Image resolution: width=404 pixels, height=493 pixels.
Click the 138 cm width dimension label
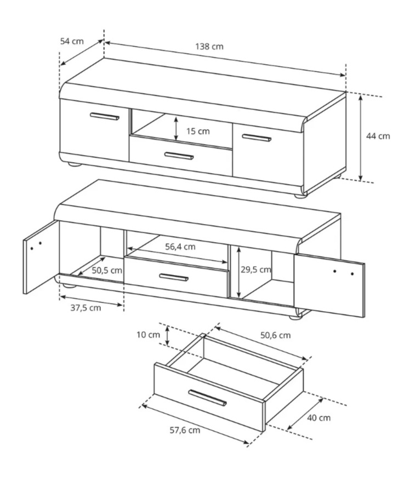click(x=209, y=47)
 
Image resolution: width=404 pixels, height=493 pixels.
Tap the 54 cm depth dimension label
click(x=72, y=41)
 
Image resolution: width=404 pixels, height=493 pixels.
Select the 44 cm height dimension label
click(x=378, y=136)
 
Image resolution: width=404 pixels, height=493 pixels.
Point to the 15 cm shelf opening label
click(x=198, y=131)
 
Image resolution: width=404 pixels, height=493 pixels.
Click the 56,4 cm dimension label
click(x=180, y=246)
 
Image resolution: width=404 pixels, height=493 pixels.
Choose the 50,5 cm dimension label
click(x=107, y=270)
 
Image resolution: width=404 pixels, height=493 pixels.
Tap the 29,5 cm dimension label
click(x=256, y=270)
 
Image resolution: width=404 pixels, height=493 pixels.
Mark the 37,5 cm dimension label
click(x=86, y=308)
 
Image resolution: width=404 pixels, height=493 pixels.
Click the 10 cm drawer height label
click(x=148, y=335)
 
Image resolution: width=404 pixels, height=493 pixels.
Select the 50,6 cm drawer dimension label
click(x=275, y=335)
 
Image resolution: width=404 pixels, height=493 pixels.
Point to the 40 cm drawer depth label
click(x=318, y=418)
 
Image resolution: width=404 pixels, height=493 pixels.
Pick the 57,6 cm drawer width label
click(x=185, y=430)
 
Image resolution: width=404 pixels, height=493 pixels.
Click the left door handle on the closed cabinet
click(x=105, y=116)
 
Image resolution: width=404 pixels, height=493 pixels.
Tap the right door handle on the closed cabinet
click(x=257, y=138)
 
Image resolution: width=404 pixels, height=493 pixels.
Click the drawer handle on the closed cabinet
click(x=179, y=156)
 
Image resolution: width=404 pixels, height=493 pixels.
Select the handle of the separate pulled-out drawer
click(x=208, y=398)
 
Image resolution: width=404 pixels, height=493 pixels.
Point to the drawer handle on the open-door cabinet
click(x=174, y=277)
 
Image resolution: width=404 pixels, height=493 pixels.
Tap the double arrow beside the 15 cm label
click(x=176, y=128)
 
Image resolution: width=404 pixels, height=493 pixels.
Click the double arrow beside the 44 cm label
click(x=361, y=137)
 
